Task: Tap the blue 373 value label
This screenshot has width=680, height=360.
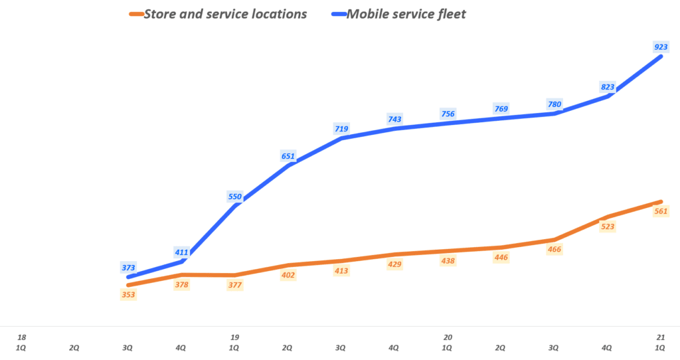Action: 128,268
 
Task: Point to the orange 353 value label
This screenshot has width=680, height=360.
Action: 128,294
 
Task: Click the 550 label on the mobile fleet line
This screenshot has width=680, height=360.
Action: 235,196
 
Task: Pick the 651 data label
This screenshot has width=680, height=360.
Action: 288,156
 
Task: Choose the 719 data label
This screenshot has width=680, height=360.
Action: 341,128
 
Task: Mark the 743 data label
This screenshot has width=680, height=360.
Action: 394,119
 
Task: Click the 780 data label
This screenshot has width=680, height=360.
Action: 554,104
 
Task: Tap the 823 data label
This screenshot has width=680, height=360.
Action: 607,86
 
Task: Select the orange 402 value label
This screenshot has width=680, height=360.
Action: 288,274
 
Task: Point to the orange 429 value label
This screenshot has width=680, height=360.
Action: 394,264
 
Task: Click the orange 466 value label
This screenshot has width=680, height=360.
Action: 554,249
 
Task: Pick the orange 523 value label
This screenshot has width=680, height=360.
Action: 607,226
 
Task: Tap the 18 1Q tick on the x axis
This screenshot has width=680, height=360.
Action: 21,342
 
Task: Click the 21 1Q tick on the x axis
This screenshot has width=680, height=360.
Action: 660,342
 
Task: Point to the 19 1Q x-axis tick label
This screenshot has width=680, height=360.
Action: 234,342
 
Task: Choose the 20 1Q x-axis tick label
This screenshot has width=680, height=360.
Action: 448,342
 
